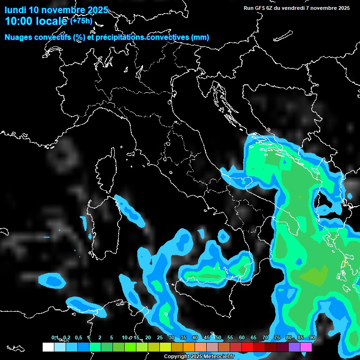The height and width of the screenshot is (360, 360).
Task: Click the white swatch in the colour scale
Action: coord(48,347)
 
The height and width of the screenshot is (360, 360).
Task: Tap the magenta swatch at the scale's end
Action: coord(306,347)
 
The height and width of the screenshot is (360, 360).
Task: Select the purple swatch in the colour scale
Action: coord(294,347)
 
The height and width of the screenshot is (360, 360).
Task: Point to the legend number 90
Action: coord(312,337)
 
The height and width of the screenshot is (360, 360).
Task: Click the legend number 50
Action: coord(218,337)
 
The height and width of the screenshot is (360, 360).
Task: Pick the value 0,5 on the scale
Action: coord(78,337)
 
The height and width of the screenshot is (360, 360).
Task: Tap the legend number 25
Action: coord(160,337)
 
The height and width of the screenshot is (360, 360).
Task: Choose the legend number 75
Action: coord(277,337)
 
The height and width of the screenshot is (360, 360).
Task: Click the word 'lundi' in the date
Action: coord(15,10)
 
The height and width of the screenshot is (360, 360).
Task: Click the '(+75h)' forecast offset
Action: coord(81,21)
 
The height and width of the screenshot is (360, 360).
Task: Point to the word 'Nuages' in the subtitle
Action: coord(19,37)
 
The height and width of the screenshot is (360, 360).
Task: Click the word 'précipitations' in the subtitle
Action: coord(120,37)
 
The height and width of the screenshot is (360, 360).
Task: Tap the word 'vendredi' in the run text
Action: coord(295,8)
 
